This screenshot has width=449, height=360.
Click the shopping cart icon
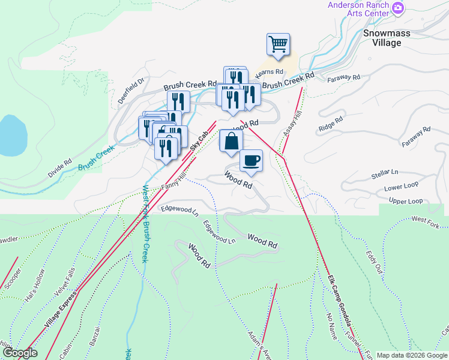point(278,44)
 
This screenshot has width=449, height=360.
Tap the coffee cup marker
point(251,160)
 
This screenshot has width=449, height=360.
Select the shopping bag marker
point(231,141)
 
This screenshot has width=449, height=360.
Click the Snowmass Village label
point(387,38)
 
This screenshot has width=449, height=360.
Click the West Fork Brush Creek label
point(144,223)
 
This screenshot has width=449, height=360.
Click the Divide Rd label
point(60,169)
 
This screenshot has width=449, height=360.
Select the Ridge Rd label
point(330,123)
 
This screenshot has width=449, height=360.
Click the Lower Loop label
point(401,187)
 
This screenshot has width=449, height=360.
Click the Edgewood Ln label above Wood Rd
point(180,209)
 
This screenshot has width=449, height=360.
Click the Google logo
point(19,353)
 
